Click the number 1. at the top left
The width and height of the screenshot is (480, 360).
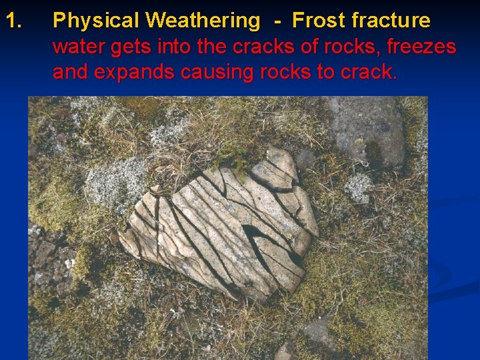tap(15, 21)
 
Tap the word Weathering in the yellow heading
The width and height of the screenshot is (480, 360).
tap(202, 21)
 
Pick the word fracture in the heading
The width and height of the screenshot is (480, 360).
tap(391, 21)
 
